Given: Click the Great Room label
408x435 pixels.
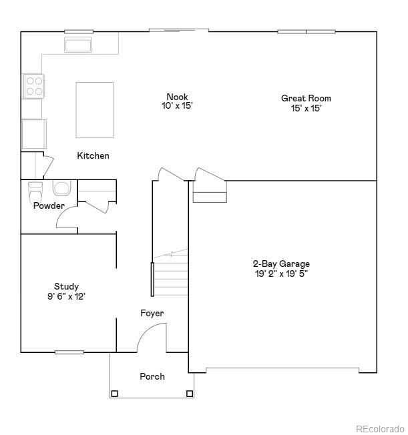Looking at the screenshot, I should (x=306, y=98).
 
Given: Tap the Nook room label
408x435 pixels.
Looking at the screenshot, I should (x=177, y=97).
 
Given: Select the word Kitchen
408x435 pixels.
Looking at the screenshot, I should (x=93, y=155).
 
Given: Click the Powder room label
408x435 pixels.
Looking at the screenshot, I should (x=49, y=205).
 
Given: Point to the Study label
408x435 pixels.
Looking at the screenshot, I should (x=66, y=286).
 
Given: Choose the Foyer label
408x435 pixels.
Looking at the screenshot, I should (x=152, y=313).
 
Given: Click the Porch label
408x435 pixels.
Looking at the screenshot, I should (x=152, y=376).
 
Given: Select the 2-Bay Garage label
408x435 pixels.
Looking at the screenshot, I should (x=280, y=264).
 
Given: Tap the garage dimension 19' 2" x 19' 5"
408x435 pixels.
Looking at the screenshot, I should (x=280, y=273).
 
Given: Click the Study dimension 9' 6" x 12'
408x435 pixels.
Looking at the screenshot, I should (x=66, y=296).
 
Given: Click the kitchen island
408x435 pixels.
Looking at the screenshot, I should (x=94, y=109).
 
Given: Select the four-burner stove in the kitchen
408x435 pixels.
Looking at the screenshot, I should (x=34, y=85).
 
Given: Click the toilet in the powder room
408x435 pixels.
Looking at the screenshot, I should (x=35, y=191).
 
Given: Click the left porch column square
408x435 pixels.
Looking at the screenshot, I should (x=114, y=394).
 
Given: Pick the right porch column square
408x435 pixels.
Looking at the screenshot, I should (x=190, y=394).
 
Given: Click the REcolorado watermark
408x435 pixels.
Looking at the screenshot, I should (x=379, y=428).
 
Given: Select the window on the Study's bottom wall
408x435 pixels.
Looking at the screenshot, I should (x=69, y=352).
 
